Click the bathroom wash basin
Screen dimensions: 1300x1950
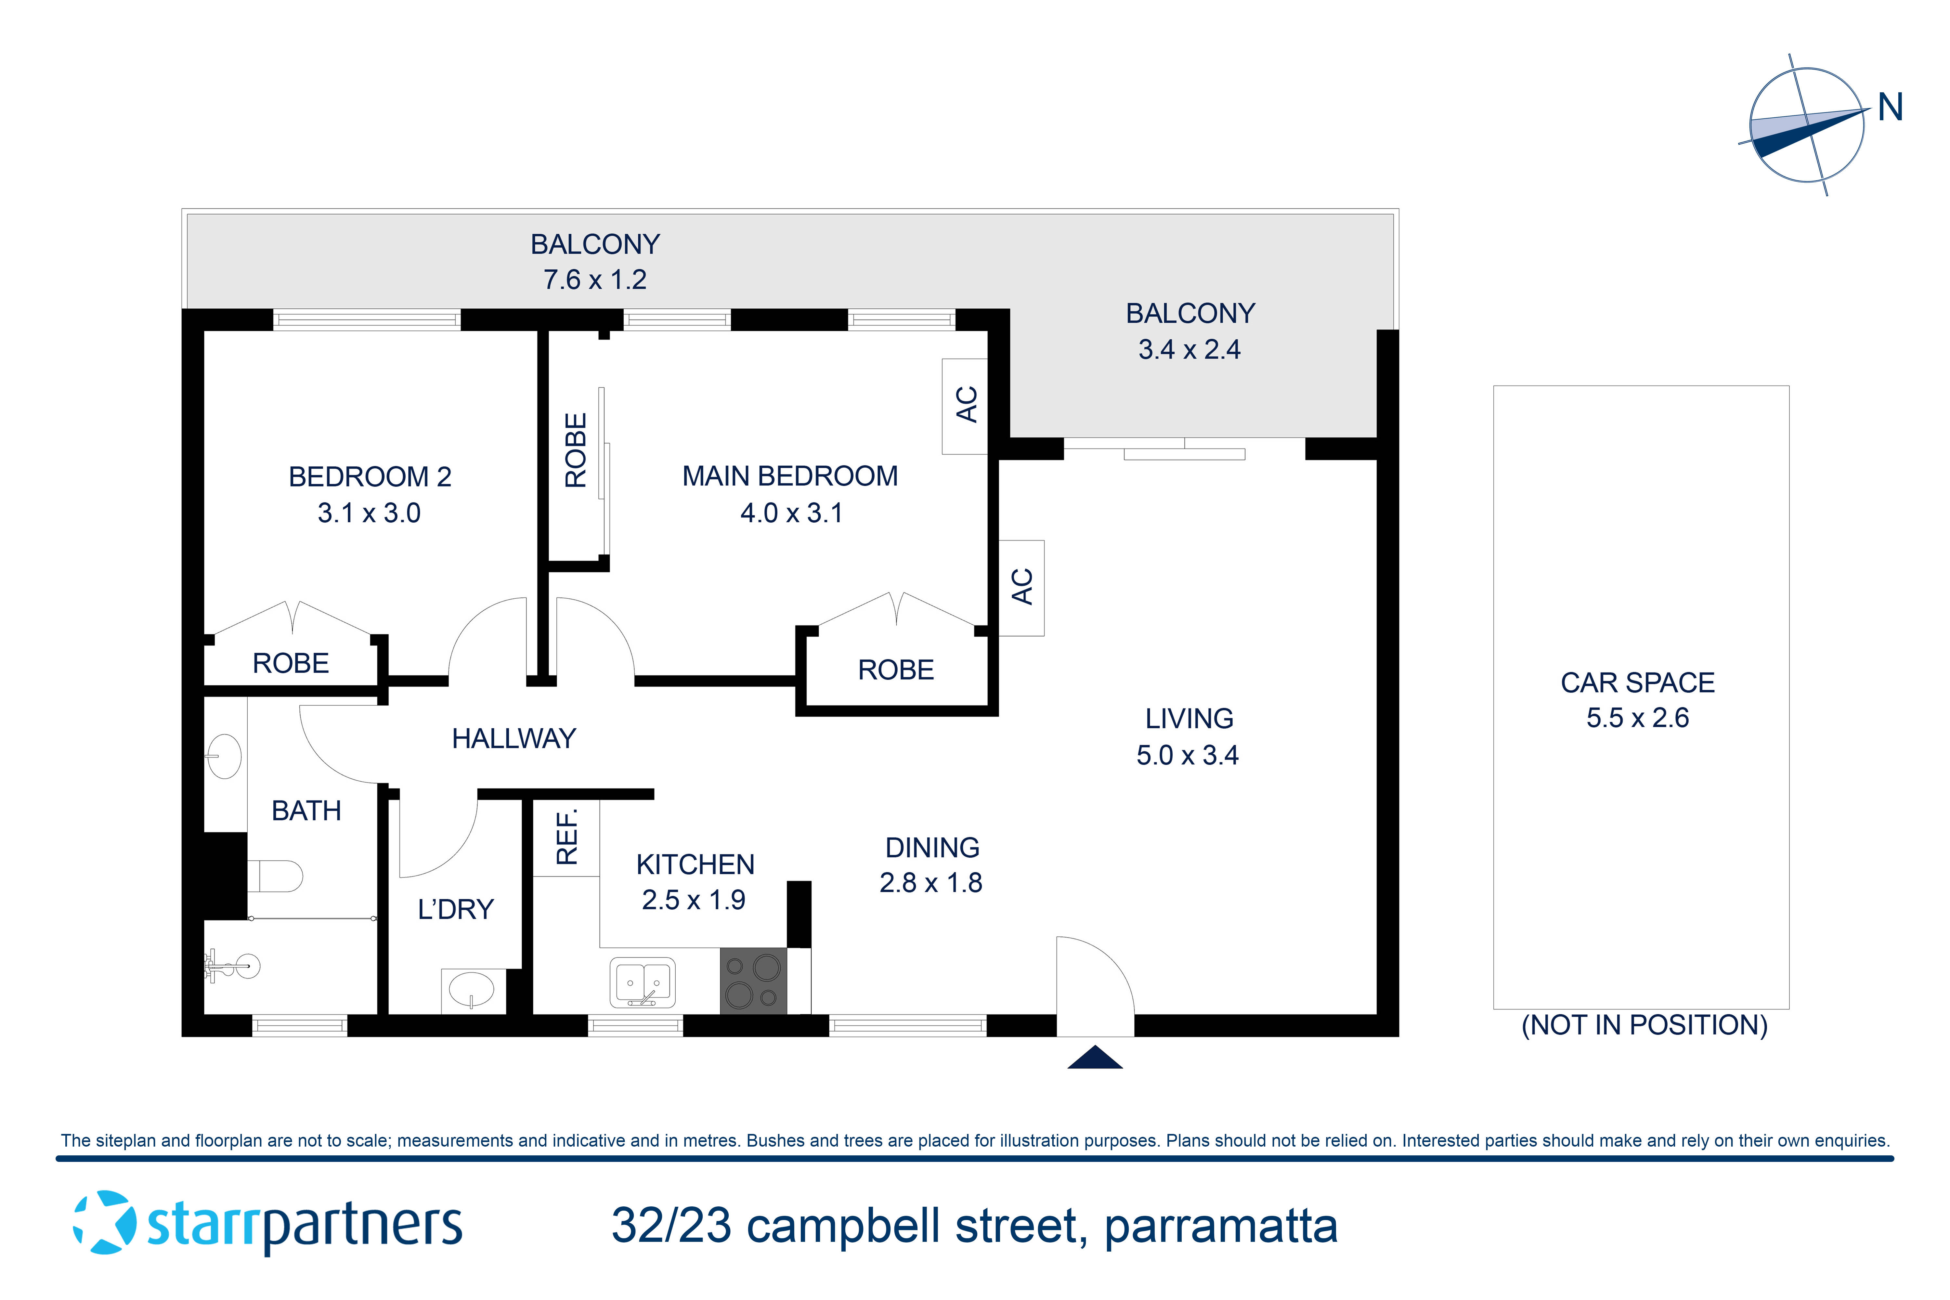pyautogui.click(x=224, y=756)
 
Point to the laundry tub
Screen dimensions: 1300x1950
pyautogui.click(x=471, y=989)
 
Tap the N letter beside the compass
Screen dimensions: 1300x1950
pyautogui.click(x=1890, y=108)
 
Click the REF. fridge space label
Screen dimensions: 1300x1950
pyautogui.click(x=566, y=838)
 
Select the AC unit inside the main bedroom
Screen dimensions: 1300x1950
pyautogui.click(x=965, y=405)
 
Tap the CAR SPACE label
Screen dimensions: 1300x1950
pyautogui.click(x=1637, y=682)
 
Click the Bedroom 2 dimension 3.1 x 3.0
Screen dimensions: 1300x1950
pyautogui.click(x=369, y=513)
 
